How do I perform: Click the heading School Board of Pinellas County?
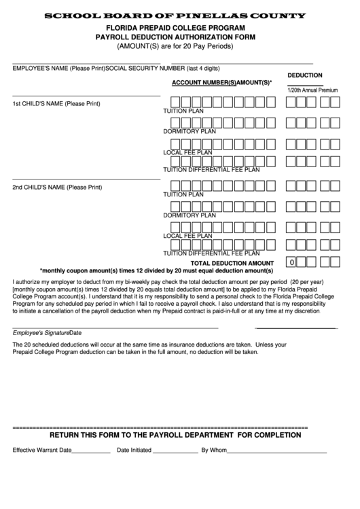pyautogui.click(x=179, y=15)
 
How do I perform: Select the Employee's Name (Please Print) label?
pyautogui.click(x=58, y=69)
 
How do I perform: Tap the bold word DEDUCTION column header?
pyautogui.click(x=304, y=75)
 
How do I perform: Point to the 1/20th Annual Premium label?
pyautogui.click(x=312, y=90)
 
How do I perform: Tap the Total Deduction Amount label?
pyautogui.click(x=232, y=262)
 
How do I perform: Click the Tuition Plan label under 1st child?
pyautogui.click(x=183, y=111)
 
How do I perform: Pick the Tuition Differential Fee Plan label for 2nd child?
pyautogui.click(x=211, y=253)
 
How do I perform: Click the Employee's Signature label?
pyautogui.click(x=41, y=333)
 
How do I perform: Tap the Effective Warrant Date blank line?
pyautogui.click(x=90, y=452)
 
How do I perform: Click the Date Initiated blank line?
pyautogui.click(x=175, y=452)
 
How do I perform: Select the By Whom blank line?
pyautogui.click(x=276, y=452)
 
